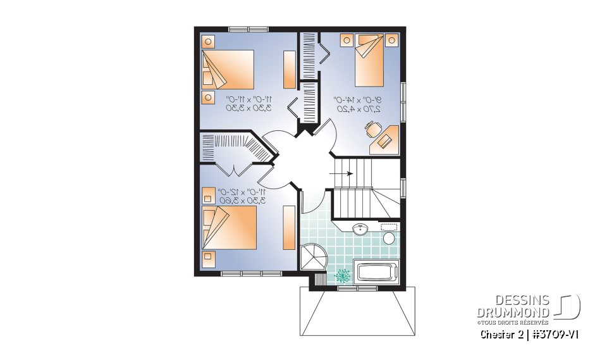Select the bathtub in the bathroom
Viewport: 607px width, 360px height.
coord(377,273)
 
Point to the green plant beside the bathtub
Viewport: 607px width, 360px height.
coord(343,275)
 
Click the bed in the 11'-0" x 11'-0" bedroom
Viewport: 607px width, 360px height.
coord(228,70)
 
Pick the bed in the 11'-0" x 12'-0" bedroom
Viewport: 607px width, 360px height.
coord(229,227)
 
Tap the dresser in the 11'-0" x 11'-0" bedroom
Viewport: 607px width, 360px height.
coord(289,69)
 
